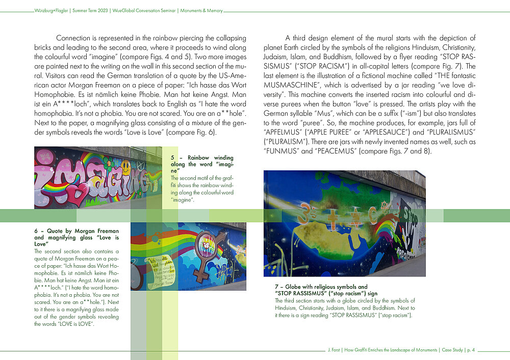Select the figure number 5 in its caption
(173, 158)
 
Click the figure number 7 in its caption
(276, 287)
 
